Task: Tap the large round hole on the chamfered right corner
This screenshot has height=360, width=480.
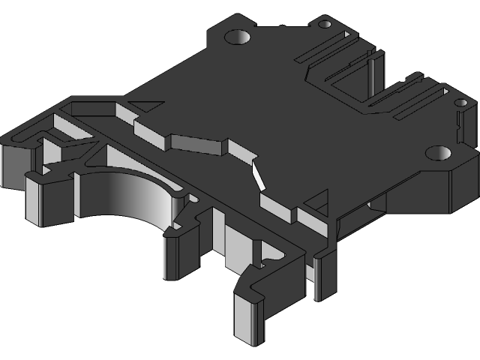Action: coord(437,153)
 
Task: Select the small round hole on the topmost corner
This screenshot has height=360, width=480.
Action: coord(325,24)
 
